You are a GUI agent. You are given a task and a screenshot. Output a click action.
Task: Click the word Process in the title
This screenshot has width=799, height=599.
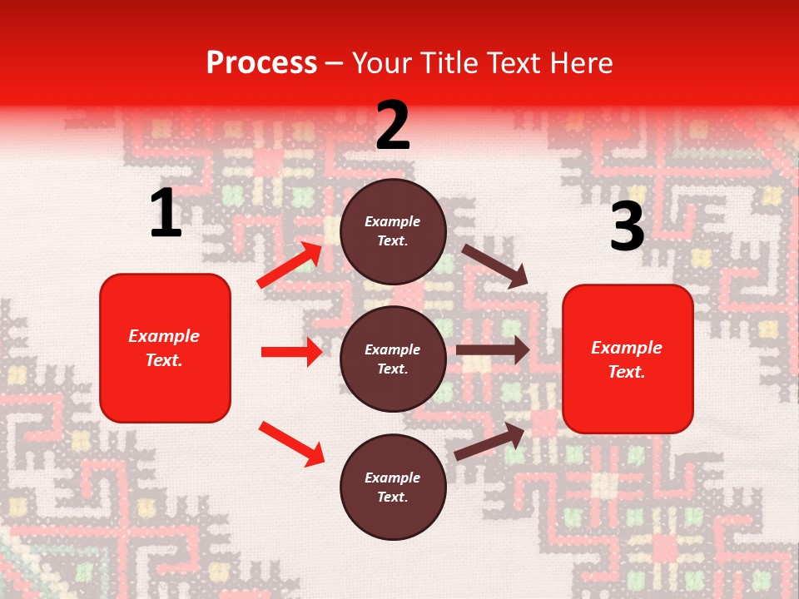tap(261, 63)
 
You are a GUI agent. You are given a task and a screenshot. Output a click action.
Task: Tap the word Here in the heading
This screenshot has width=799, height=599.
tap(581, 63)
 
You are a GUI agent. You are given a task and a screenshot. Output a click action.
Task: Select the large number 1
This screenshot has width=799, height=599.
tap(166, 214)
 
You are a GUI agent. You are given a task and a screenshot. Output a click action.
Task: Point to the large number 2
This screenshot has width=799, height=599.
tap(393, 126)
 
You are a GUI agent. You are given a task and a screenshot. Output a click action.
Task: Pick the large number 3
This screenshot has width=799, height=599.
tap(627, 227)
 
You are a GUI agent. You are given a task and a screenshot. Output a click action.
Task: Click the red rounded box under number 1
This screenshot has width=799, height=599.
tap(165, 348)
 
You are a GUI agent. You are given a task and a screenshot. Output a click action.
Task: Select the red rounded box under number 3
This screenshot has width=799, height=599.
tap(628, 359)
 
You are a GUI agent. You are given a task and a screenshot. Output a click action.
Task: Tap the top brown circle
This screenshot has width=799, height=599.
tap(393, 231)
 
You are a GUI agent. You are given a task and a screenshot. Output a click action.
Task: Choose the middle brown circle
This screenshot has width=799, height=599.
tap(393, 359)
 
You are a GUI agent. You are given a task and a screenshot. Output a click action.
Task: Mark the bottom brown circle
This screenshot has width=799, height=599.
tap(393, 487)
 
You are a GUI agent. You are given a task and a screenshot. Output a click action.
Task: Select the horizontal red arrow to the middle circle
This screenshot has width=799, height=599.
tap(291, 352)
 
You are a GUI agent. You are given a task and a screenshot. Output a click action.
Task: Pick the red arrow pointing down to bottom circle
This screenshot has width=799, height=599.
tap(291, 443)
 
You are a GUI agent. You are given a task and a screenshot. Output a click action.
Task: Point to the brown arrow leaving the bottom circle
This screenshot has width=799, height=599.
tap(489, 442)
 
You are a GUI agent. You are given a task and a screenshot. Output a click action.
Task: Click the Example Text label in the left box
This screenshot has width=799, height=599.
tap(164, 348)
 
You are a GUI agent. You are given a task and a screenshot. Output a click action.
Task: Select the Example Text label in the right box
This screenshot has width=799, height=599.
tap(627, 359)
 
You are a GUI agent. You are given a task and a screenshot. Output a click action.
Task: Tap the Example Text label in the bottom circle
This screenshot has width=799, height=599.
tap(392, 487)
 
